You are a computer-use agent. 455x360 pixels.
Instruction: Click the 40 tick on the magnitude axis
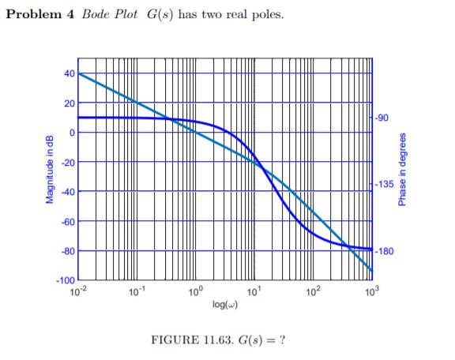coord(69,73)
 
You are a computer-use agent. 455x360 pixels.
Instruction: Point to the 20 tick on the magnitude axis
coord(69,103)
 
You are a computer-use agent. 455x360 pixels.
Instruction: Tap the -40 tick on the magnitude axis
coord(68,192)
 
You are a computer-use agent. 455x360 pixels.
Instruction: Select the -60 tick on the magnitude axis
coord(68,222)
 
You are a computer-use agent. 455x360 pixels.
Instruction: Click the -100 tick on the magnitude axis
coord(66,281)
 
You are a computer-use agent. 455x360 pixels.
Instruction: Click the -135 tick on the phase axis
coord(385,184)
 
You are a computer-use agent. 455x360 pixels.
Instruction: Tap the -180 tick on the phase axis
coord(385,251)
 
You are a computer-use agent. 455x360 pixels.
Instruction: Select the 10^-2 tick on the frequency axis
coord(77,292)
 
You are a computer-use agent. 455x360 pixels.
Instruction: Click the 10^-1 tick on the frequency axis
coord(137,292)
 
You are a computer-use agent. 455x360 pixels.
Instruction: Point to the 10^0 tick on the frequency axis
coord(196,292)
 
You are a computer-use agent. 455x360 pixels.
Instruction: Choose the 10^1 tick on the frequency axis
coord(254,292)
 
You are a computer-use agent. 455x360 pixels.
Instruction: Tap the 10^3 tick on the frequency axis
coord(372,292)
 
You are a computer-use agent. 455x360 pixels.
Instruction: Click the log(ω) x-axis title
coord(225,304)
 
